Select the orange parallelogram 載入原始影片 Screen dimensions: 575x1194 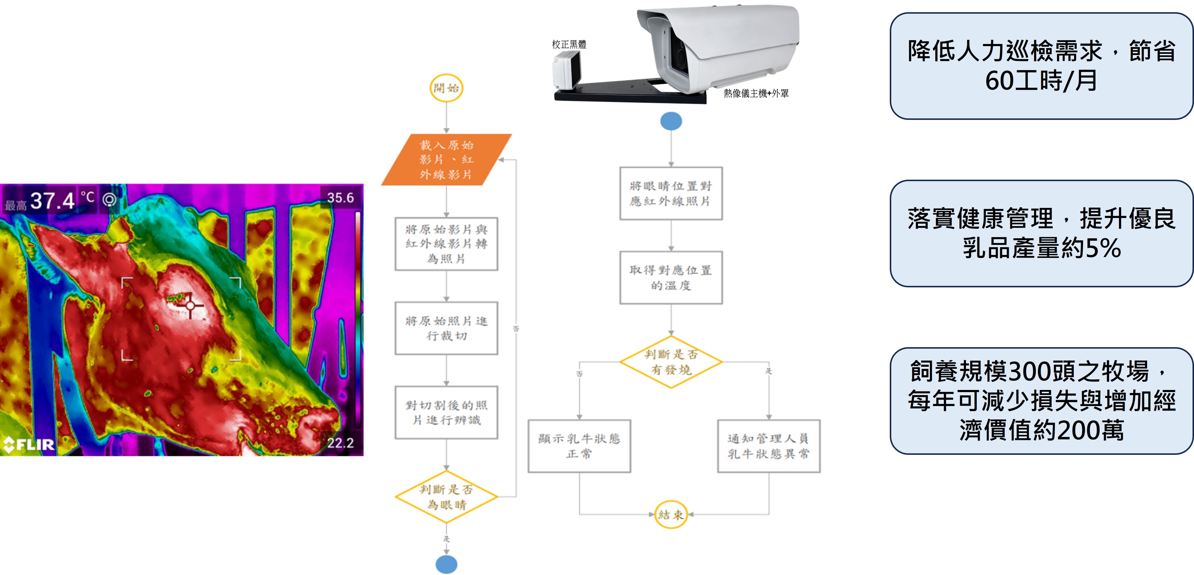pyautogui.click(x=446, y=159)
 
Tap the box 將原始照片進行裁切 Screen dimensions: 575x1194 pyautogui.click(x=446, y=328)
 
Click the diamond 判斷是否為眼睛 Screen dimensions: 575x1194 pyautogui.click(x=446, y=497)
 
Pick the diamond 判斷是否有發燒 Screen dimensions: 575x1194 pyautogui.click(x=671, y=362)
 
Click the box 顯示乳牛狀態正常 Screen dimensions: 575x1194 pyautogui.click(x=579, y=446)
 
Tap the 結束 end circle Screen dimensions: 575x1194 pyautogui.click(x=671, y=514)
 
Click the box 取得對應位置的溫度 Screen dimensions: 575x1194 pyautogui.click(x=671, y=278)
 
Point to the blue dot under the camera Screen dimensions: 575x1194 pyautogui.click(x=671, y=121)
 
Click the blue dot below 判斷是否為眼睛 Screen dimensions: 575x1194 pyautogui.click(x=446, y=564)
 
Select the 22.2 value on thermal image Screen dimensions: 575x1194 pyautogui.click(x=340, y=443)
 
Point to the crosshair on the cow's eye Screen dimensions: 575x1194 pyautogui.click(x=190, y=305)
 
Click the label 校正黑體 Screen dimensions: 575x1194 pyautogui.click(x=569, y=45)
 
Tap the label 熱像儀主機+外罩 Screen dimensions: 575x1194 pyautogui.click(x=756, y=93)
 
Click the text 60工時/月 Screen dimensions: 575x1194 pyautogui.click(x=1041, y=81)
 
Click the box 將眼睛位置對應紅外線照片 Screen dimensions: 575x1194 pyautogui.click(x=671, y=193)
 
